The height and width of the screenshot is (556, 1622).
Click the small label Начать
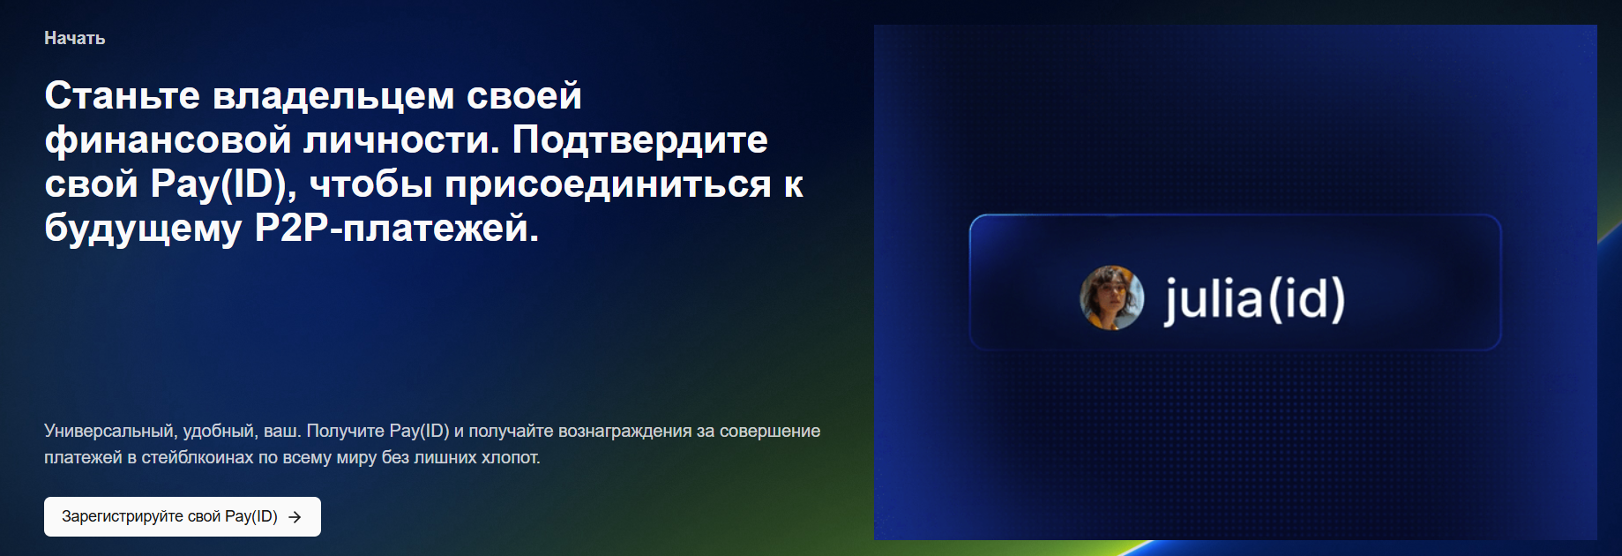[x=75, y=38]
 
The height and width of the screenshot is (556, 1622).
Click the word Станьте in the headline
[x=123, y=95]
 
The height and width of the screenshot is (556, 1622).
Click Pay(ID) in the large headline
[x=222, y=184]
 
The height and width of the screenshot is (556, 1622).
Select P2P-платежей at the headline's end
[x=396, y=229]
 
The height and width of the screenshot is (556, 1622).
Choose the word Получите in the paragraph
[x=345, y=432]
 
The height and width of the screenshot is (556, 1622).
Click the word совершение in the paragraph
[x=770, y=432]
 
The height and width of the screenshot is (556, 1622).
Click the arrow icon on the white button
[x=295, y=517]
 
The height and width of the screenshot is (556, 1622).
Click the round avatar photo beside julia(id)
[x=1112, y=298]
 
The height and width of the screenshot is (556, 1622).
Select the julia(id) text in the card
[x=1254, y=300]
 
